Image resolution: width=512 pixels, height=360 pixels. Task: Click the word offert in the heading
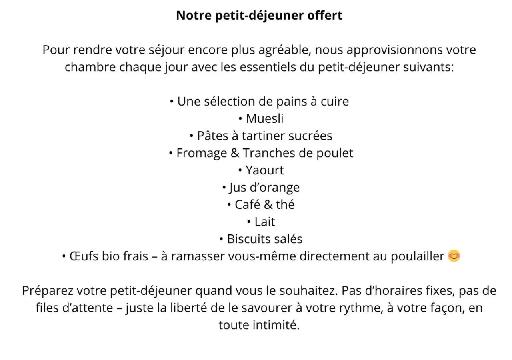[x=325, y=16]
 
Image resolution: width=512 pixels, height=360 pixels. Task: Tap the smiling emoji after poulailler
[x=454, y=256]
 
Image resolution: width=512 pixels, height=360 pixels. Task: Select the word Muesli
[x=265, y=118]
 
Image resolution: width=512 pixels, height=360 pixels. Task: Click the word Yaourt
[x=265, y=170]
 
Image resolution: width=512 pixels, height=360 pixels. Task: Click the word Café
[x=248, y=205]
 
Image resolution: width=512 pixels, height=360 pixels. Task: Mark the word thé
[x=285, y=205]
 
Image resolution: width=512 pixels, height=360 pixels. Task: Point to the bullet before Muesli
[x=240, y=119]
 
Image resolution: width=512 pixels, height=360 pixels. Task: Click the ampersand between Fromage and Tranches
[x=236, y=153]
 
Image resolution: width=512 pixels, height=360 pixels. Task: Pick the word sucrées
[x=311, y=136]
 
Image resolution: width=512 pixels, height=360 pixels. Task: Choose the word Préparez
[x=48, y=291]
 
